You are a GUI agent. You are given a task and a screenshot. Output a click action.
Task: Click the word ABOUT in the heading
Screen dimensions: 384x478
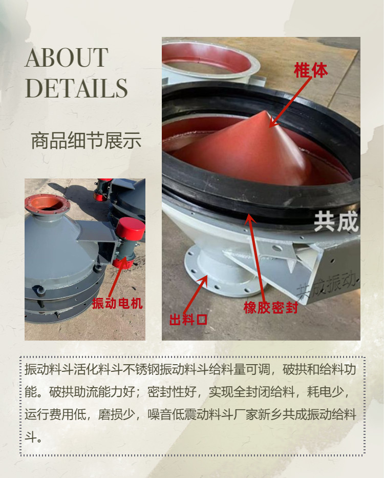[67, 57]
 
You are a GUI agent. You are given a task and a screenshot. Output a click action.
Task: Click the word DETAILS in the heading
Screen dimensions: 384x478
[76, 88]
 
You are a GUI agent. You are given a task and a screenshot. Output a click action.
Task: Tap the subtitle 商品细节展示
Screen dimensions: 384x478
[86, 141]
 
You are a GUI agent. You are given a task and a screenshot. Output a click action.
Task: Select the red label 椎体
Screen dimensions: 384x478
[311, 70]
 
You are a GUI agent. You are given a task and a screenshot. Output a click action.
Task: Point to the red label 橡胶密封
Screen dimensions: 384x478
[270, 308]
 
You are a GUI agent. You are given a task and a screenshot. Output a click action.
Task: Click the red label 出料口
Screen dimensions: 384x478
[188, 320]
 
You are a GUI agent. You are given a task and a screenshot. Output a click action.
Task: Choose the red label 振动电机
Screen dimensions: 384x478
[117, 303]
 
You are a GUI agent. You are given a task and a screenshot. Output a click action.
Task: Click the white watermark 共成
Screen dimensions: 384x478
[336, 222]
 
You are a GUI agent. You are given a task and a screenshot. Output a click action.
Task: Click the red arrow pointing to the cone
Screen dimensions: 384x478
[290, 102]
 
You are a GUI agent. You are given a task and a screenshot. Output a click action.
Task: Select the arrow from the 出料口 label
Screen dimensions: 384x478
[196, 294]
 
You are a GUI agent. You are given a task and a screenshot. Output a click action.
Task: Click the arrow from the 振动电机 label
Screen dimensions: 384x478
[117, 277]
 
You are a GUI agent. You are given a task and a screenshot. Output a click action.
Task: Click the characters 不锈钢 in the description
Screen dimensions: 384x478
[141, 369]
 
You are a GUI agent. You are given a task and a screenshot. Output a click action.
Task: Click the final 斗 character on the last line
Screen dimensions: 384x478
[30, 437]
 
